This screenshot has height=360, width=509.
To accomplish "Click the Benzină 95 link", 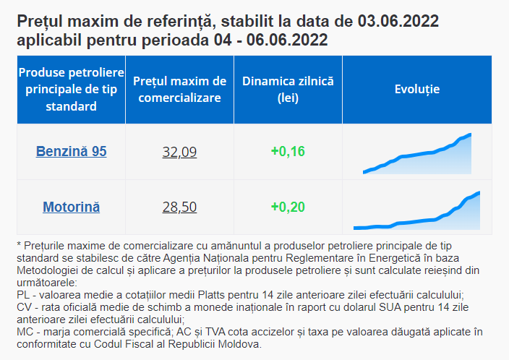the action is [x=71, y=152].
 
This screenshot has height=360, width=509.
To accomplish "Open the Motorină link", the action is [x=71, y=207].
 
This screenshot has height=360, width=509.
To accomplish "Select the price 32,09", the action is [x=179, y=152].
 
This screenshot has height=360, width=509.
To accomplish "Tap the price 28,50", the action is [x=179, y=207].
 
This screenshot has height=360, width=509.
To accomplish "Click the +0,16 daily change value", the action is [x=288, y=152].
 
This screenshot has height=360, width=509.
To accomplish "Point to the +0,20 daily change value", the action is [x=288, y=207].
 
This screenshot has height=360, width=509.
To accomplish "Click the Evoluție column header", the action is [x=417, y=89].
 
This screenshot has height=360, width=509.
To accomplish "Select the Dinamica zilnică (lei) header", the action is [x=288, y=90].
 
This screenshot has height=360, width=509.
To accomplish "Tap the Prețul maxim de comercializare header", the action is [x=179, y=90].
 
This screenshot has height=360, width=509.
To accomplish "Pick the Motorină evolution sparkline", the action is [x=416, y=212].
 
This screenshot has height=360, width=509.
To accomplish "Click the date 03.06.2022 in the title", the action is [x=398, y=22].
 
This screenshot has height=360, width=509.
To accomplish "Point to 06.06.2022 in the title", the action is [x=287, y=40].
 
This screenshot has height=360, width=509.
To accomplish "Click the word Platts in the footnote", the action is [x=211, y=295].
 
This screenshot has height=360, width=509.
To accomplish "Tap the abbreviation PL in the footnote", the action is [x=23, y=295].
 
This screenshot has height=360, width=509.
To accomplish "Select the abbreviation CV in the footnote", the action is [x=23, y=307].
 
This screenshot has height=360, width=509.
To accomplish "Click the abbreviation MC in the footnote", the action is [x=24, y=332].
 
